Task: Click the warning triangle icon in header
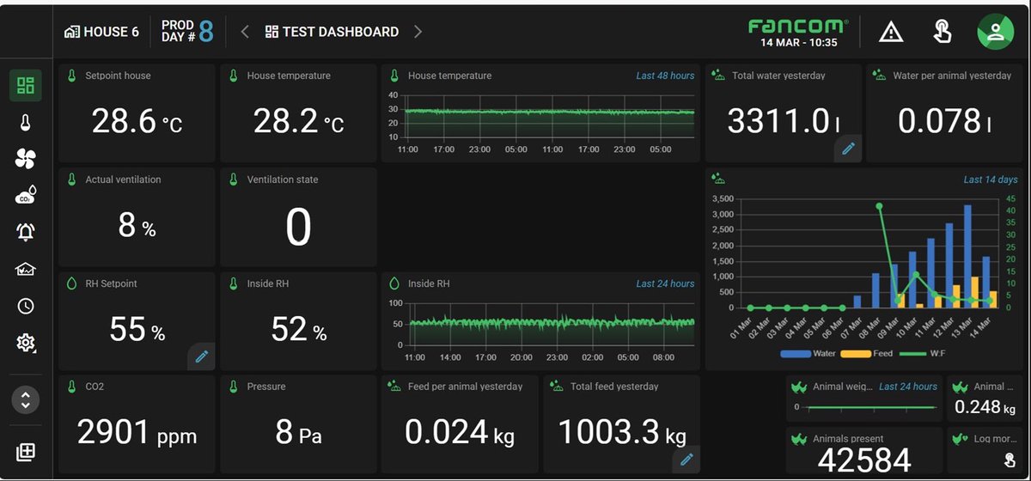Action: point(891,33)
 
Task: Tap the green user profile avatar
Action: point(995,32)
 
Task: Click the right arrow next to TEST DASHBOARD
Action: point(418,32)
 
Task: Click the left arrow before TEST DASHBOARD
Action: point(245,32)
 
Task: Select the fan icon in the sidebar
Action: point(26,158)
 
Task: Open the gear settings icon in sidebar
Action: point(26,344)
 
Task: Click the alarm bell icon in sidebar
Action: point(26,232)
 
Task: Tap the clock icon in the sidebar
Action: point(26,306)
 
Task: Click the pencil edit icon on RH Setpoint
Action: point(202,356)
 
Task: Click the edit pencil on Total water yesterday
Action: point(848,149)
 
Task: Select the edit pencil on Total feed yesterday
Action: point(686,460)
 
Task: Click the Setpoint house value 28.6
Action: point(125,122)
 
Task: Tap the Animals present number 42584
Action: point(863,461)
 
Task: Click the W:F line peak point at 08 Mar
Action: point(879,206)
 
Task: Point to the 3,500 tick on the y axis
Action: point(723,198)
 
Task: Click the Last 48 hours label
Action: point(665,76)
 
